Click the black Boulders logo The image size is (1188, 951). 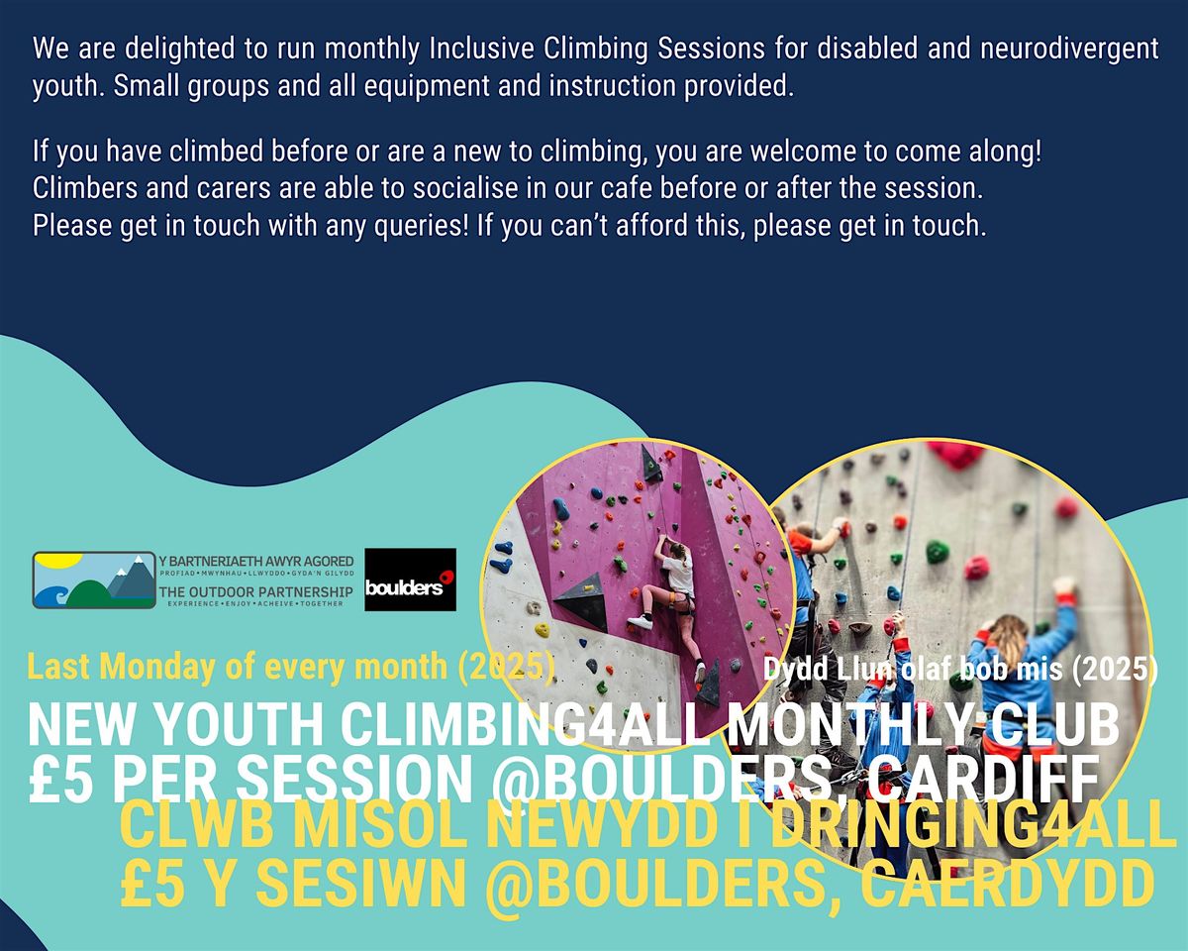click(410, 580)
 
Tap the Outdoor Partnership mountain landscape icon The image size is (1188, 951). click(94, 580)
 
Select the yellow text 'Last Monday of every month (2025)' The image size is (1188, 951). click(290, 668)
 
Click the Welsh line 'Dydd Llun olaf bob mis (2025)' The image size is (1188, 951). click(960, 671)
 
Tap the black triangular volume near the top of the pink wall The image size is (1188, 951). click(650, 464)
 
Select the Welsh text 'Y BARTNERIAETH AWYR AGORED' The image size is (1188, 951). click(255, 561)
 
